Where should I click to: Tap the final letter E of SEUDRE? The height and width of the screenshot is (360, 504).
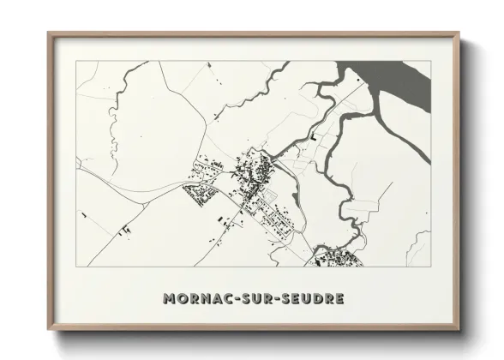[340, 299]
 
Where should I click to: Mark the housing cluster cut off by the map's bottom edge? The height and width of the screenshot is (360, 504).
[336, 257]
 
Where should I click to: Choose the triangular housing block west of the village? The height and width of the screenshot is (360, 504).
[202, 195]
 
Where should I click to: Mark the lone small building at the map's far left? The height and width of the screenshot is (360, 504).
[83, 214]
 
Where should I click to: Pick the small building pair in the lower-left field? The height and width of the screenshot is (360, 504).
[125, 229]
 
